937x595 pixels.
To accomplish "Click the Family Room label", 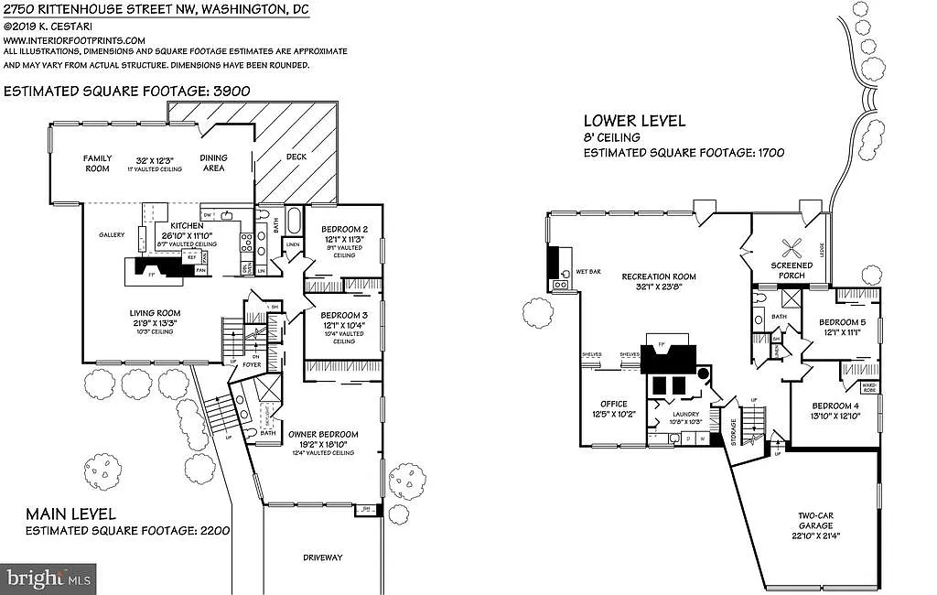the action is coord(97,163).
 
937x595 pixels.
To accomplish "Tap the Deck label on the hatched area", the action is coord(296,157).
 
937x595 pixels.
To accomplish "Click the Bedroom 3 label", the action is coord(344,316).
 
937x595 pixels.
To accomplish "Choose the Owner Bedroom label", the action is coord(323,434).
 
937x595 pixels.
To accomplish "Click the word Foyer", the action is coord(252,365).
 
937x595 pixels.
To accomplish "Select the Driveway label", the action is coord(322,557).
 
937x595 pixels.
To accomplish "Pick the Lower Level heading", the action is coord(634,121).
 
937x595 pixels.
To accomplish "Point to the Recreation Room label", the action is coord(659,276).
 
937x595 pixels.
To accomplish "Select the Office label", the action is coord(613,404).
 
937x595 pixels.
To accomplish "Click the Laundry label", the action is coord(686,414).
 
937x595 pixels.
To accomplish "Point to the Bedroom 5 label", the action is coord(842,322).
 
